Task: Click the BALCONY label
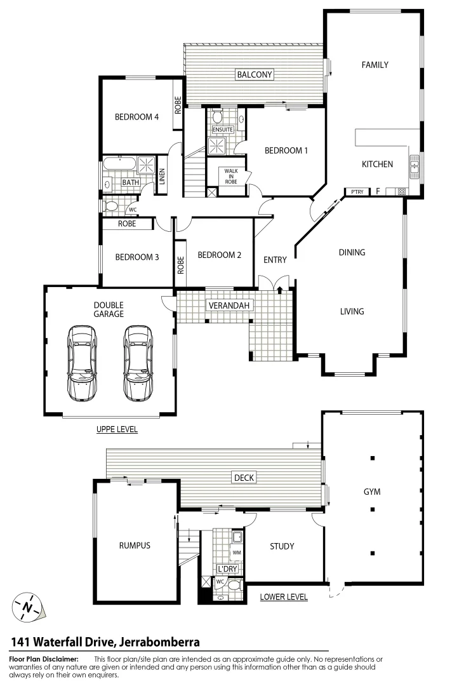pos(254,74)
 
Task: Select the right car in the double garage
pos(138,363)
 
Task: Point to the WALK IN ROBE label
pos(230,176)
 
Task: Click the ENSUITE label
pos(223,130)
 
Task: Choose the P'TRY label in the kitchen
pos(354,191)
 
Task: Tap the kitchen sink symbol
pos(414,166)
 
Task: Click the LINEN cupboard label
pos(163,175)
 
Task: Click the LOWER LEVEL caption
pos(284,596)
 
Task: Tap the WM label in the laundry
pos(236,553)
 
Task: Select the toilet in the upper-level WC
pos(111,206)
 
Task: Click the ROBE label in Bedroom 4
pos(178,104)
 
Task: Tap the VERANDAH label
pos(230,306)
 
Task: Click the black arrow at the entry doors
pos(280,289)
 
